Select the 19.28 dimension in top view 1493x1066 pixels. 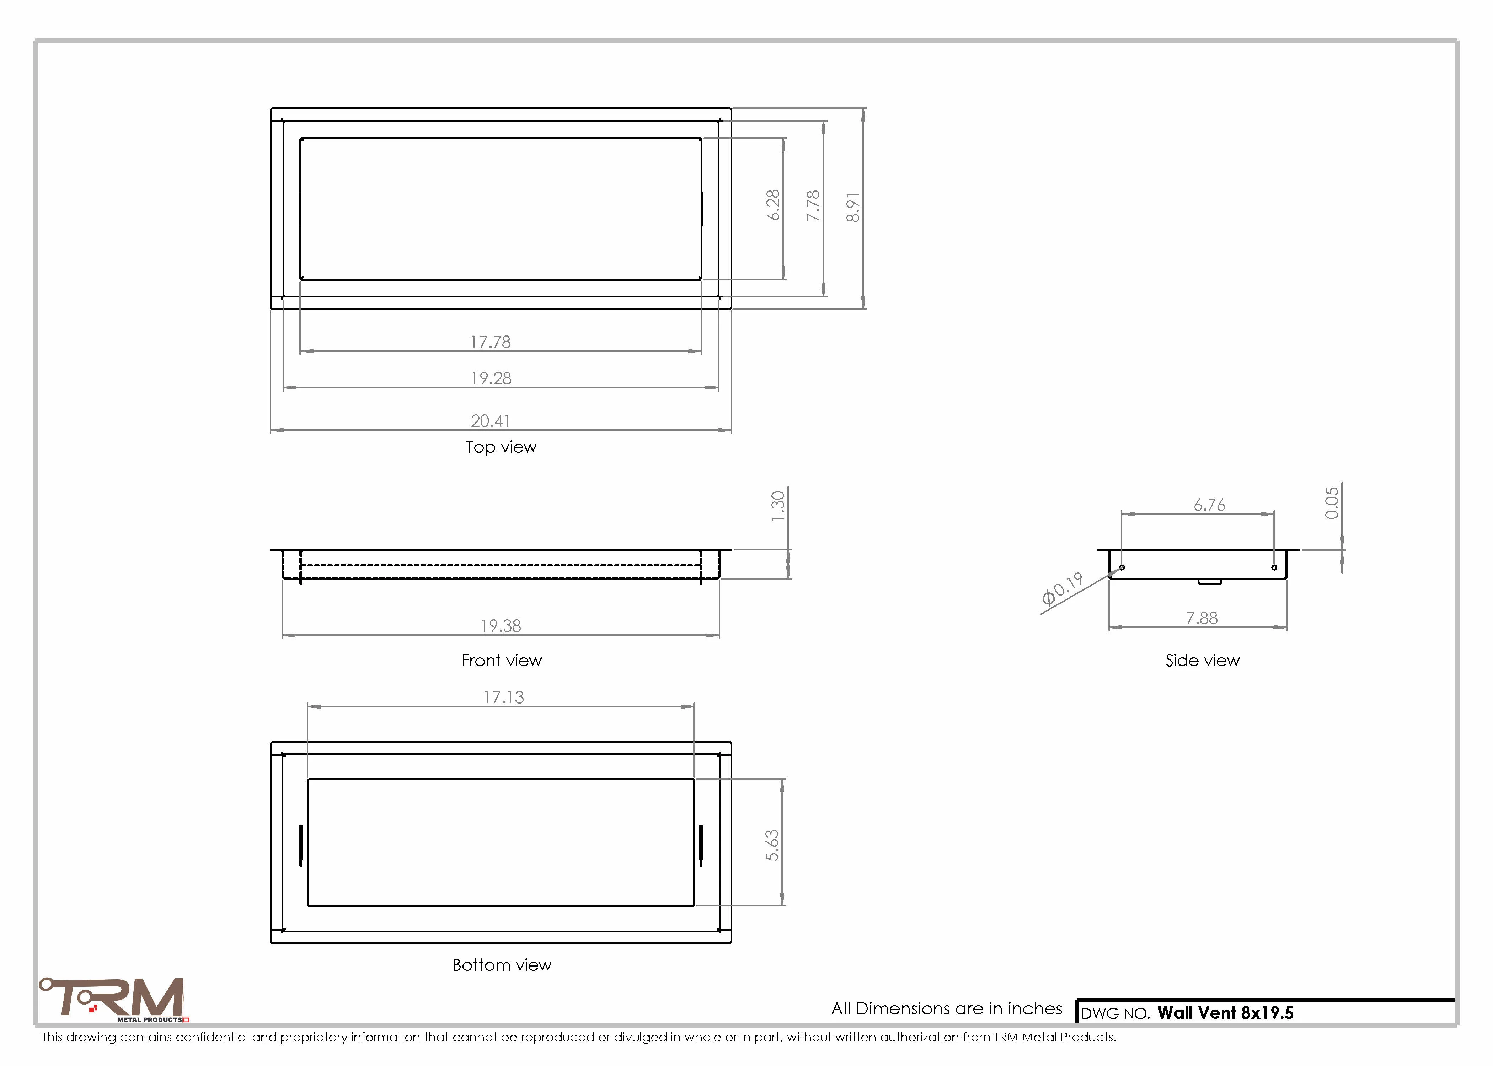point(491,378)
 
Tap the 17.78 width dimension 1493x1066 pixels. point(491,342)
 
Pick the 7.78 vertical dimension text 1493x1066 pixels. point(813,205)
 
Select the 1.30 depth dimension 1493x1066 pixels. point(778,506)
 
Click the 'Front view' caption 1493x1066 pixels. point(502,660)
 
